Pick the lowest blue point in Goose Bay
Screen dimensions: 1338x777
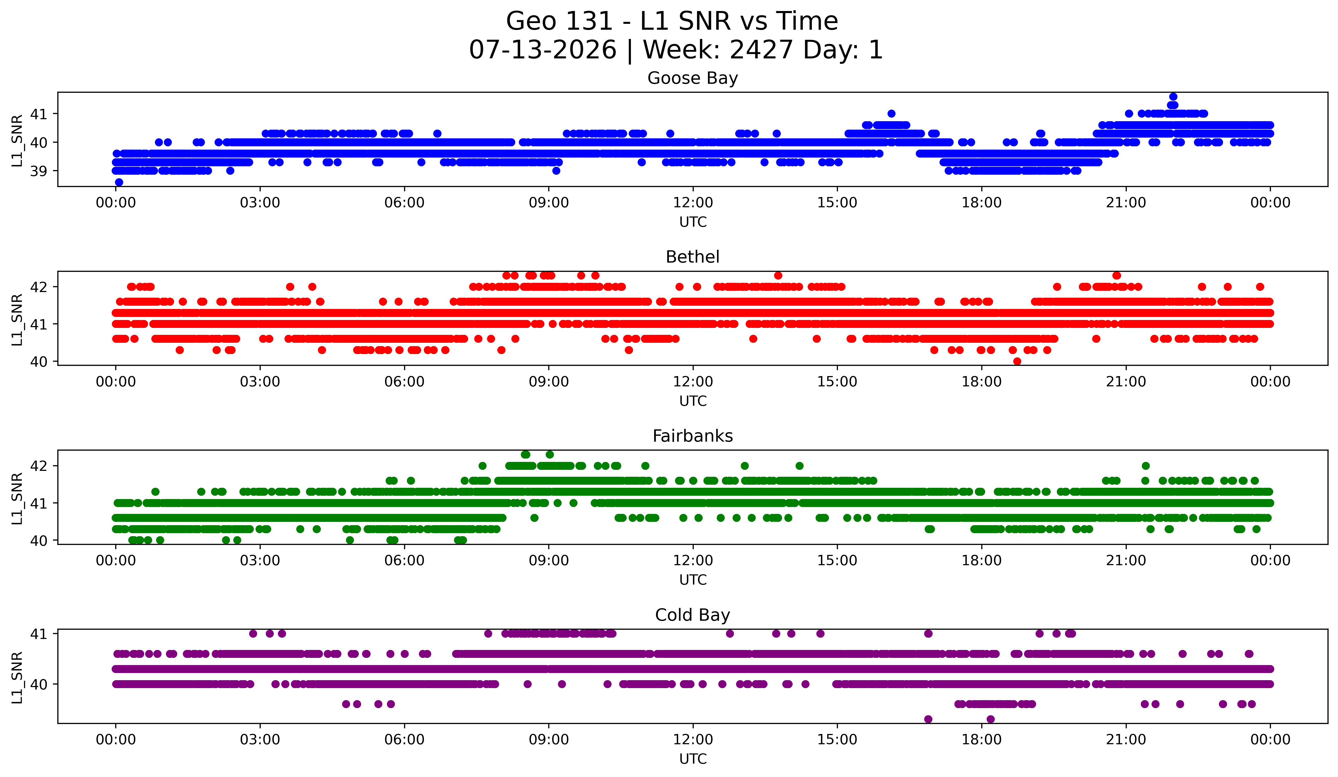pos(119,182)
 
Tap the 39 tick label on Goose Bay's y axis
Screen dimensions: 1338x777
pos(39,171)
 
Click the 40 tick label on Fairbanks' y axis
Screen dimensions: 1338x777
pos(39,541)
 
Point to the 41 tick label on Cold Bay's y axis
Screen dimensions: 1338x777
pos(39,634)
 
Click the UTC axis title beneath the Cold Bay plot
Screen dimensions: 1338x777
pos(693,759)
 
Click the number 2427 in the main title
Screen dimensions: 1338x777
pos(761,50)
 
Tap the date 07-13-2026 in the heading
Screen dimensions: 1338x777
pos(543,50)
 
